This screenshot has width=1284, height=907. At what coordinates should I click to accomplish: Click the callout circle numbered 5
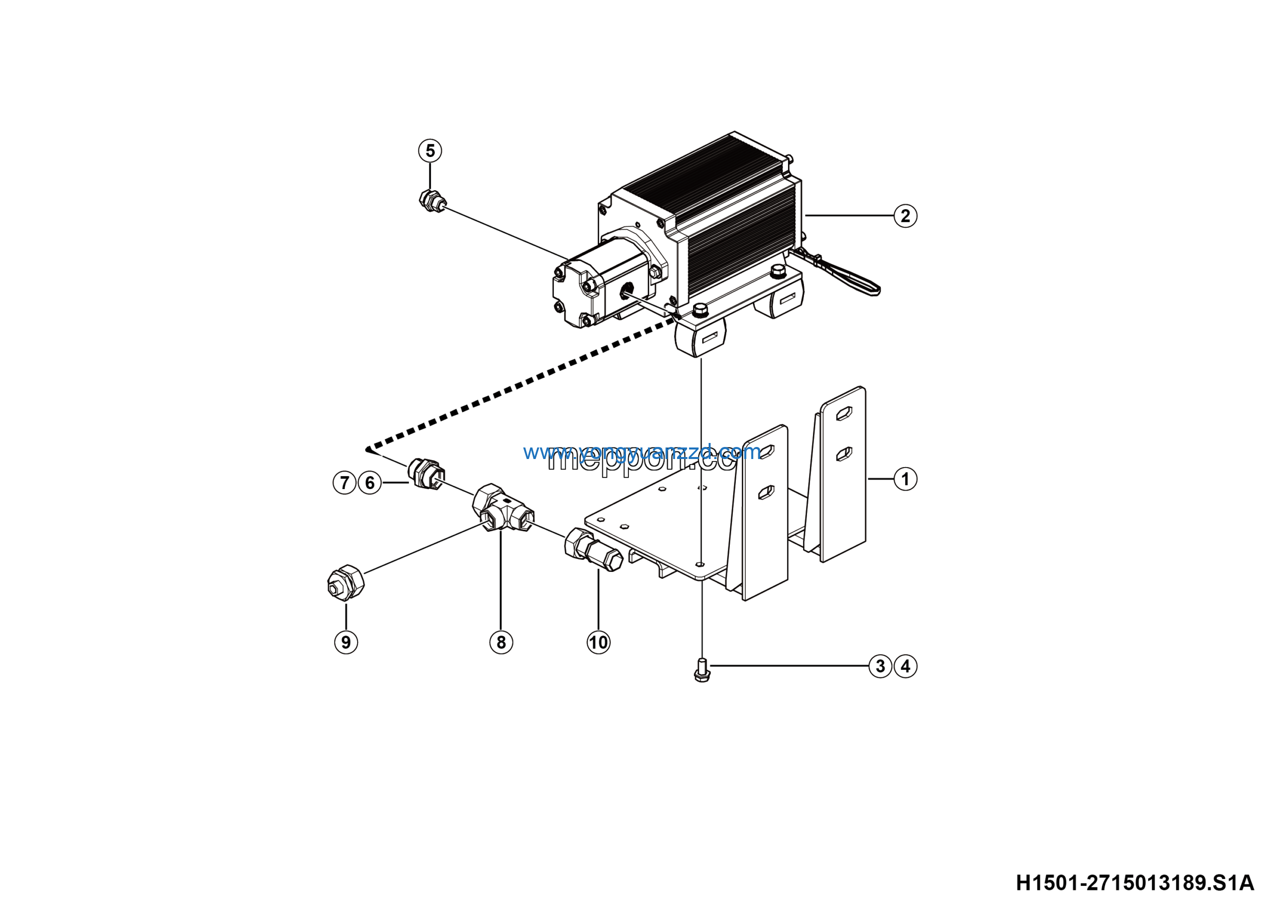tap(430, 150)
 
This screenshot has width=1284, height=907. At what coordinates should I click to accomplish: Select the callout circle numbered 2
tap(905, 215)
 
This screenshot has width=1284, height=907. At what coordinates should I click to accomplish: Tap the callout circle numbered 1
tap(905, 479)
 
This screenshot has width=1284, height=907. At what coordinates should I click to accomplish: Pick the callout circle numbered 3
tap(880, 666)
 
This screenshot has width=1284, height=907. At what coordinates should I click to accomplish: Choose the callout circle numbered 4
tap(905, 666)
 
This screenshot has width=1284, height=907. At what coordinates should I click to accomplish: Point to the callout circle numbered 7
tap(345, 483)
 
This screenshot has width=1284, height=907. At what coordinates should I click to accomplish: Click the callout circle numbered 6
tap(370, 483)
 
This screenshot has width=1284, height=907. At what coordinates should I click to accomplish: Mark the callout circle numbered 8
tap(501, 642)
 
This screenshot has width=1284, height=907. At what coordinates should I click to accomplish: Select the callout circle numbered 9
tap(346, 642)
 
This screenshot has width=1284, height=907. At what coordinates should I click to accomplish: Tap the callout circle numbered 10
tap(598, 642)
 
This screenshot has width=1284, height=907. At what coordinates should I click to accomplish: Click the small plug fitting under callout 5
tap(432, 201)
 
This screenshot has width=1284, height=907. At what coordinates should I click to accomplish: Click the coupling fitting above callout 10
tap(593, 550)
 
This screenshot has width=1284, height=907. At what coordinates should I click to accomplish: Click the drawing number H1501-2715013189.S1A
tap(1135, 883)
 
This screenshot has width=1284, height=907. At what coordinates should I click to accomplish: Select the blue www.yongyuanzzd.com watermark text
tap(642, 452)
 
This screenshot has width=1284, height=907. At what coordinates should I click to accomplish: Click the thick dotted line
tap(520, 385)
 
